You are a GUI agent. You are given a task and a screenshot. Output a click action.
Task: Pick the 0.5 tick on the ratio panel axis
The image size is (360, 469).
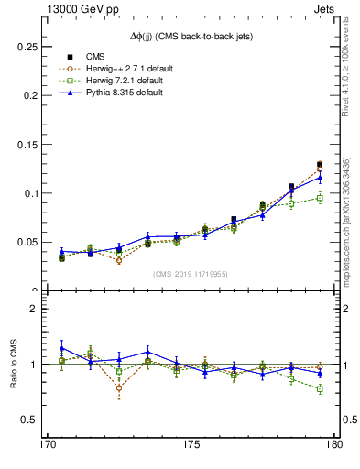(19, 420)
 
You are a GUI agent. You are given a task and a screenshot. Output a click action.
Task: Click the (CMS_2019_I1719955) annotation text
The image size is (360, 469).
(191, 274)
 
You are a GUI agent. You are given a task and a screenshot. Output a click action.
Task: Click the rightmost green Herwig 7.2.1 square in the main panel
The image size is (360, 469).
(320, 198)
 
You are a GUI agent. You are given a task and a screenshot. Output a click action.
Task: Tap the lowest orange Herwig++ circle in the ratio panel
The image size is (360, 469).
(119, 387)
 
